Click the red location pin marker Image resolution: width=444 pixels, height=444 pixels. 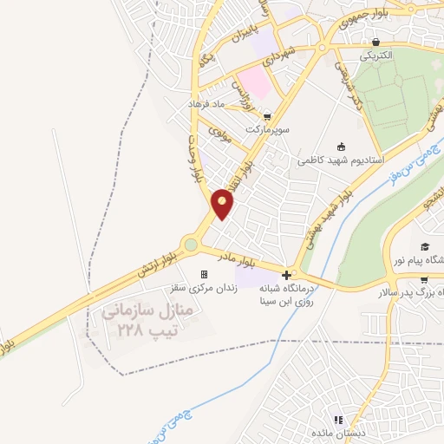click(x=223, y=204)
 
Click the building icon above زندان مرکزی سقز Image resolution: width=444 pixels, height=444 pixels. click(x=205, y=274)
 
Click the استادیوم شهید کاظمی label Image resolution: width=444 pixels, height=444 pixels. click(x=336, y=160)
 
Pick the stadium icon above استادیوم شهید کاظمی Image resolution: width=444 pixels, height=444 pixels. click(x=342, y=146)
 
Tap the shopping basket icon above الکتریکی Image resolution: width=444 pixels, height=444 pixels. click(x=375, y=41)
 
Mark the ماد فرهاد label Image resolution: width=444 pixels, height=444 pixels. click(x=206, y=103)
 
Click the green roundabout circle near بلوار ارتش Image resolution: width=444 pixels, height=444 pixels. click(x=190, y=245)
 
